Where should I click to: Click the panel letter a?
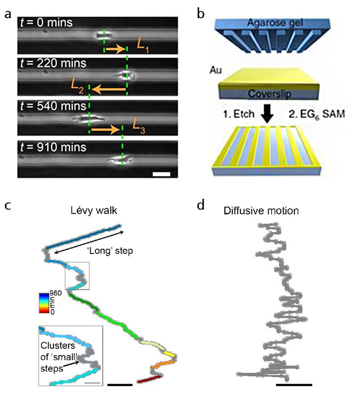pos(8,14)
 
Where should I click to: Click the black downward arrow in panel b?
pos(268,116)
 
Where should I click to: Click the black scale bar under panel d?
pos(294,384)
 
